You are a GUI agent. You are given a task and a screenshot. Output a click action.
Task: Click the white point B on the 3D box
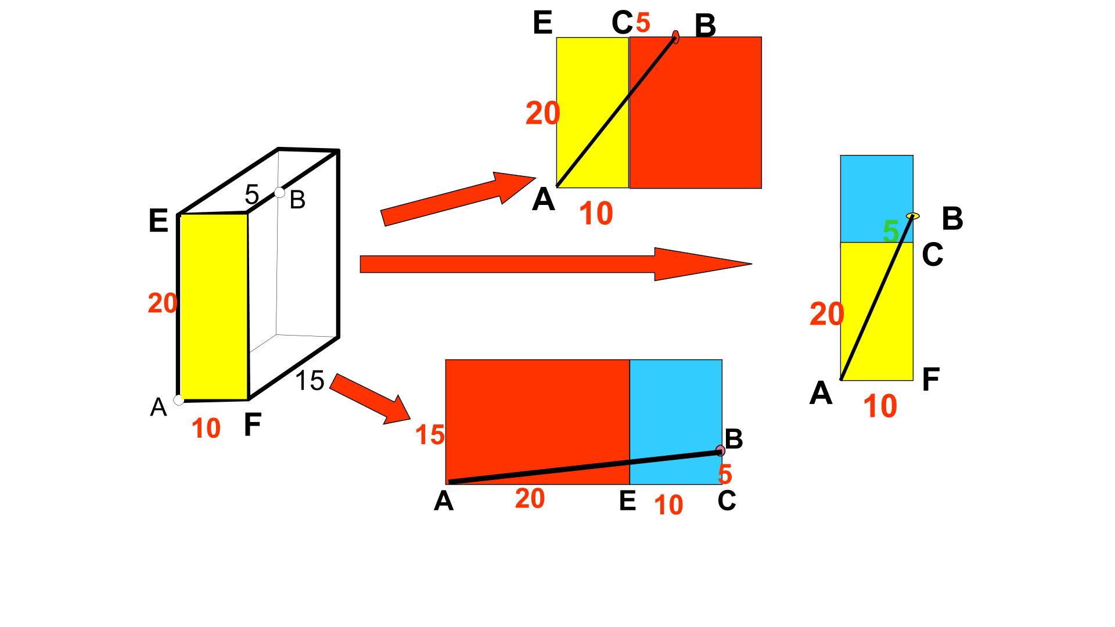[x=279, y=193]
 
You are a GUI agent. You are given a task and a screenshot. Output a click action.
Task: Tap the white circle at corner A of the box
[x=179, y=399]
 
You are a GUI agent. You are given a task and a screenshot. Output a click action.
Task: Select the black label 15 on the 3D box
[x=310, y=381]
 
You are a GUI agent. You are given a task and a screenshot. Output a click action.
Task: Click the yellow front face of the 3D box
[x=214, y=307]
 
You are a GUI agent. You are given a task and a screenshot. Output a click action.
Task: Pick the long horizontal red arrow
[x=556, y=264]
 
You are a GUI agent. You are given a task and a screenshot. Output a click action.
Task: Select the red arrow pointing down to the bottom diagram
[x=371, y=399]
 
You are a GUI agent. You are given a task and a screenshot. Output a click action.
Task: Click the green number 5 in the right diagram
[x=890, y=232]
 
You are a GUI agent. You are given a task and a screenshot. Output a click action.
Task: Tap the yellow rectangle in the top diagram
[x=593, y=113]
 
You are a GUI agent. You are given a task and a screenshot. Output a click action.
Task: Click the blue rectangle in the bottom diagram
[x=676, y=422]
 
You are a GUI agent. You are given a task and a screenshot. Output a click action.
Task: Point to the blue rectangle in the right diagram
[x=877, y=199]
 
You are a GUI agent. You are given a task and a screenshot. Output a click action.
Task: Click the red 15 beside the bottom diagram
[x=430, y=435]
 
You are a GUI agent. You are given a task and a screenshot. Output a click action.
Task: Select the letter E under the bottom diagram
[x=627, y=501]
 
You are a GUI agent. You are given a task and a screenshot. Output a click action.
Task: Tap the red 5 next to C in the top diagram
[x=643, y=23]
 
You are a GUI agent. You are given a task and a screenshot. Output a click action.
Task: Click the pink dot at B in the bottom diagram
[x=721, y=451]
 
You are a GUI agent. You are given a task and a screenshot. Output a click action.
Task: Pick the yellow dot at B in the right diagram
[x=913, y=216]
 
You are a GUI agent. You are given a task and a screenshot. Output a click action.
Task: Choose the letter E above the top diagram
[x=542, y=23]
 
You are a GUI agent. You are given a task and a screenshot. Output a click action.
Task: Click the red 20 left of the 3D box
[x=163, y=304]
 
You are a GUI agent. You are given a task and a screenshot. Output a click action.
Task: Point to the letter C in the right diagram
[x=933, y=254]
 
